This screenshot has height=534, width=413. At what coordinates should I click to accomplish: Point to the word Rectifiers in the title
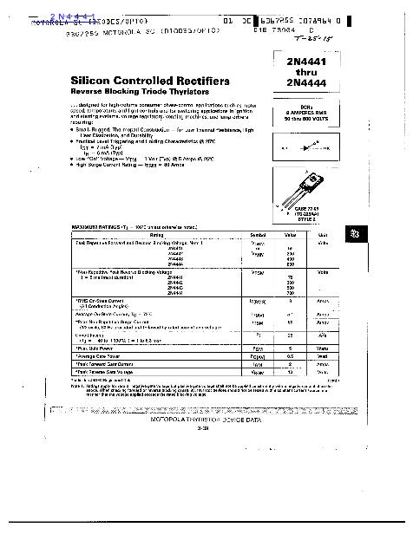[197, 81]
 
